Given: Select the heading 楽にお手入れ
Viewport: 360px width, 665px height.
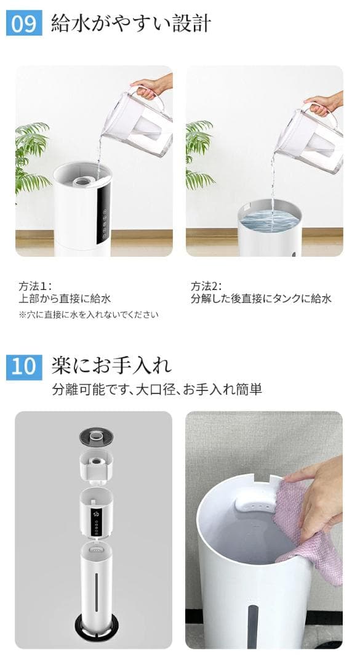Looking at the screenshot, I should [111, 365].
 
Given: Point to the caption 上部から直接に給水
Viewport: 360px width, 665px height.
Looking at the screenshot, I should [65, 299].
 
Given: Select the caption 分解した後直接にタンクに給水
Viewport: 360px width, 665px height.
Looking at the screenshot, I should [261, 299].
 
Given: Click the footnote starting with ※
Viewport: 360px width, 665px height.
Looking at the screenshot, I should [88, 315].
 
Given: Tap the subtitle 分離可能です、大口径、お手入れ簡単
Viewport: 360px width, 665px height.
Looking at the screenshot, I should [157, 389].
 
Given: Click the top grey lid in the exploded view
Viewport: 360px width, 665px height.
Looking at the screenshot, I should [96, 437].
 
